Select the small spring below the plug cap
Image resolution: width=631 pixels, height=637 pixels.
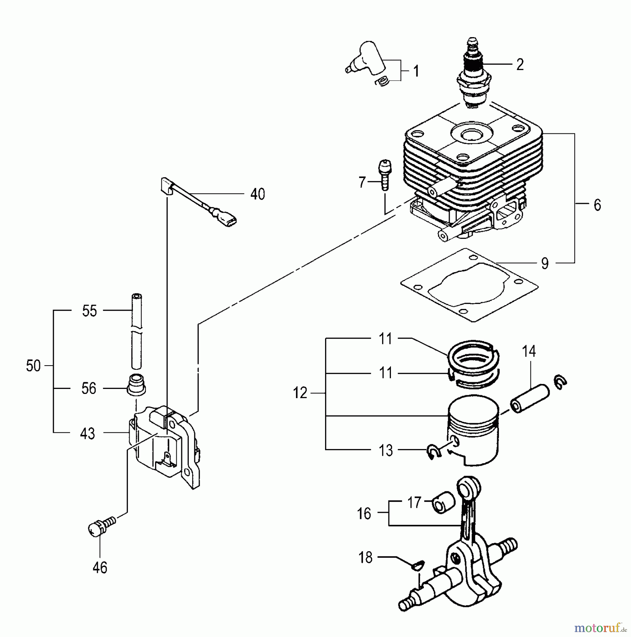pyautogui.click(x=383, y=82)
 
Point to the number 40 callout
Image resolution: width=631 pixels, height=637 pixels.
pyautogui.click(x=257, y=194)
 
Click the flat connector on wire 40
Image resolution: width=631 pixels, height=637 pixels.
pyautogui.click(x=228, y=222)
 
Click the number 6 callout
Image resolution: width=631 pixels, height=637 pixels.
pyautogui.click(x=597, y=205)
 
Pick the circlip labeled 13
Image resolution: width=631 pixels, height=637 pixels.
pyautogui.click(x=433, y=452)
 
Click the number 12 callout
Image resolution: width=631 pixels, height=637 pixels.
pyautogui.click(x=300, y=393)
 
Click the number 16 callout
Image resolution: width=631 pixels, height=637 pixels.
pyautogui.click(x=364, y=513)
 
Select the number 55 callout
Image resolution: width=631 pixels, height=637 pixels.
pyautogui.click(x=89, y=311)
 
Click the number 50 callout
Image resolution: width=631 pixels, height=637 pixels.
pyautogui.click(x=34, y=366)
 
